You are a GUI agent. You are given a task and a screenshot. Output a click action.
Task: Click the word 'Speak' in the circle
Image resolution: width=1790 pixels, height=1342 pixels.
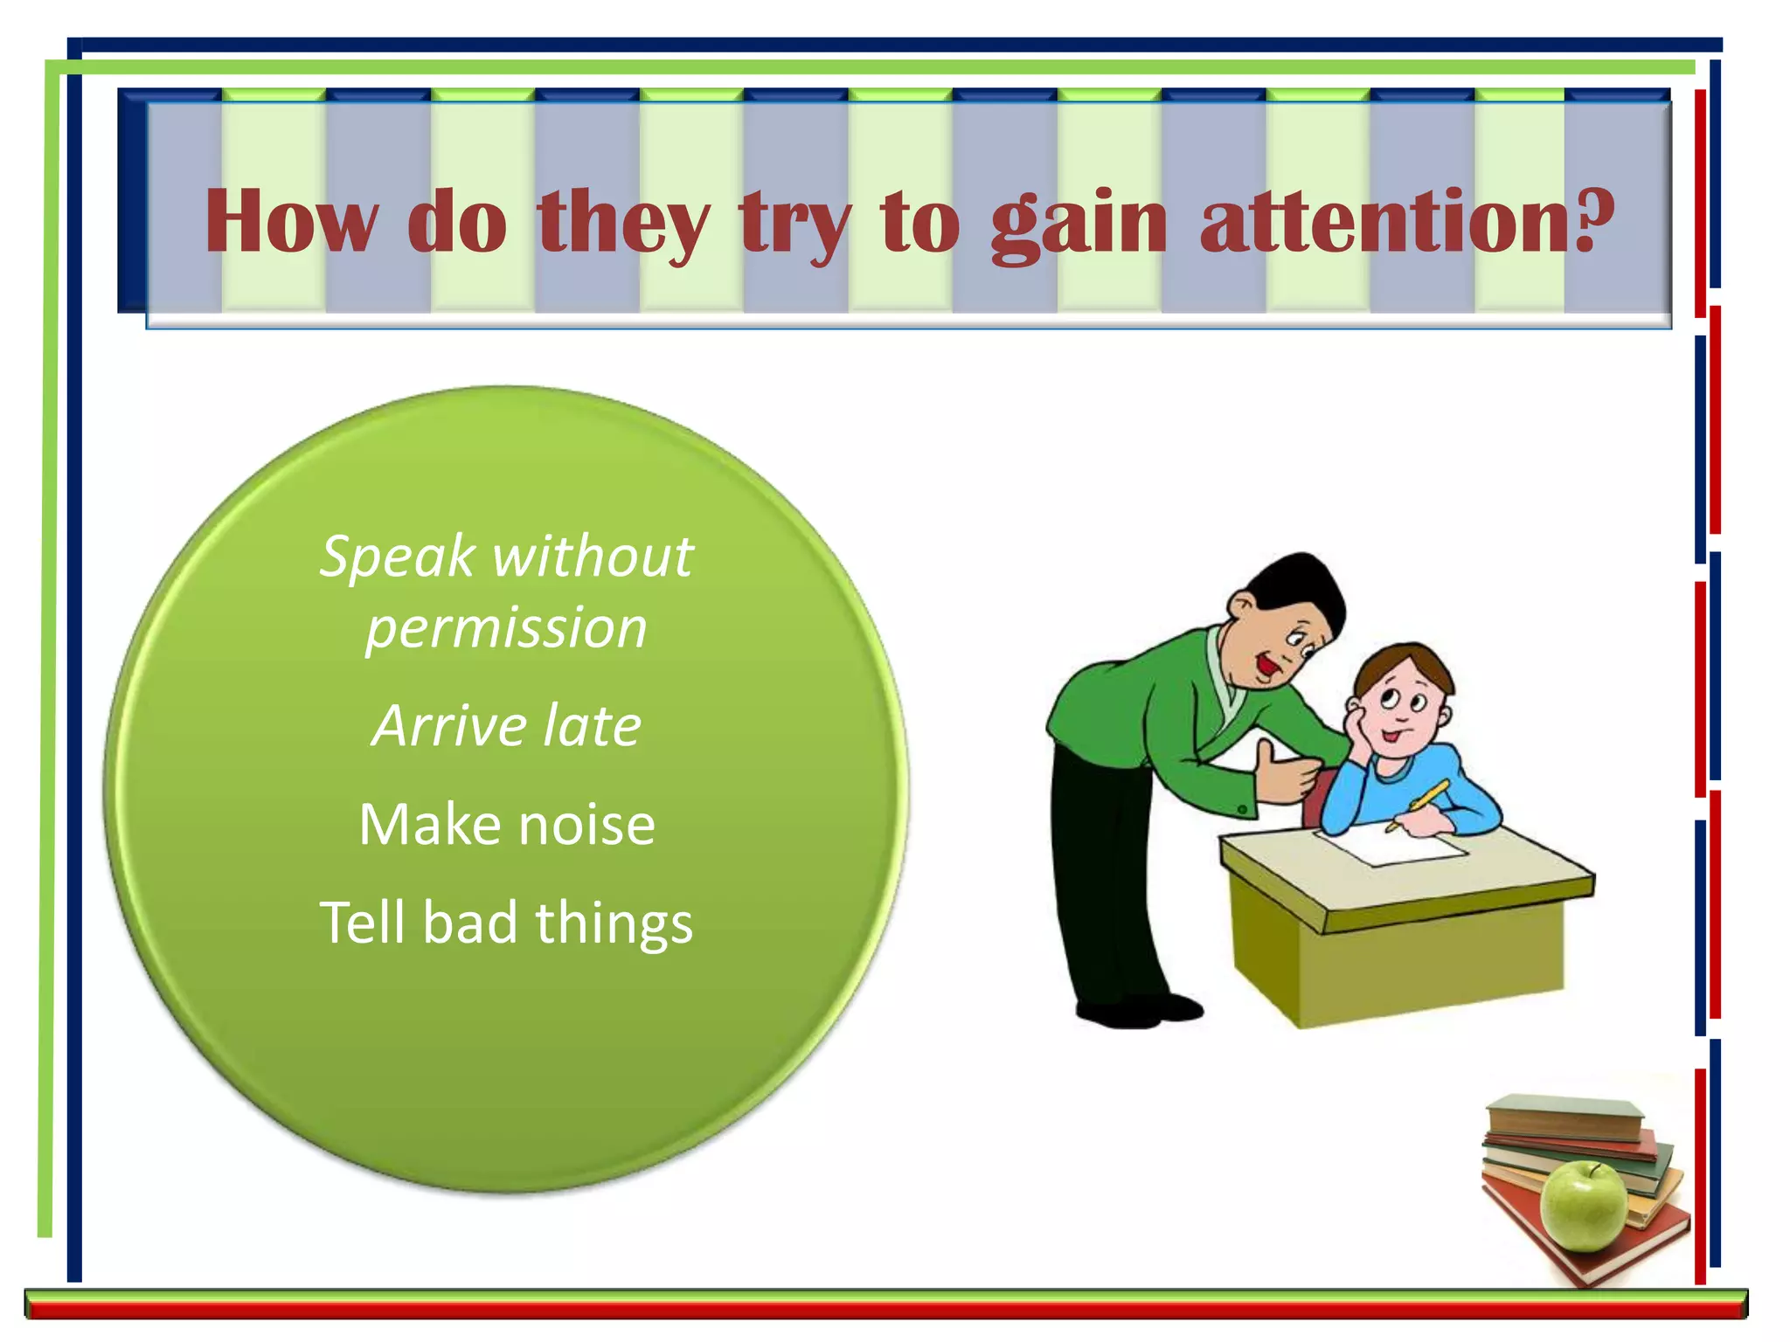pos(398,558)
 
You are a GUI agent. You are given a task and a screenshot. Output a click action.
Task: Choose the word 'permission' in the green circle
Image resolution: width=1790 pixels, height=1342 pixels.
pos(506,629)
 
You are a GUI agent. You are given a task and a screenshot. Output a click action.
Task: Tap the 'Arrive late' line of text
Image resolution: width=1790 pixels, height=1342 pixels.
pos(506,727)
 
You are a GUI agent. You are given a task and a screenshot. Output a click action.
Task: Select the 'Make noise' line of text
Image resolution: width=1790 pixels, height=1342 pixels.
pos(507,825)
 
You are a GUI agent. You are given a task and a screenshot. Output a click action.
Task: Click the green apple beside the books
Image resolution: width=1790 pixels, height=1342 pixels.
pos(1583,1206)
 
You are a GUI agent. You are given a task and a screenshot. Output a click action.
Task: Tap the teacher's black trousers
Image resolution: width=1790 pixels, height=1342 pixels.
pos(1101,874)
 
